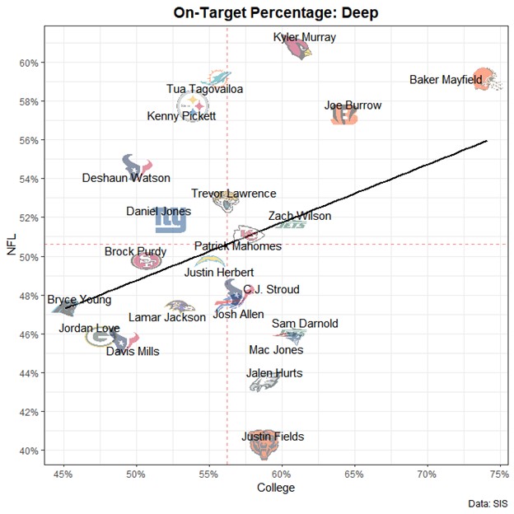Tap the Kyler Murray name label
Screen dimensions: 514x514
tap(305, 37)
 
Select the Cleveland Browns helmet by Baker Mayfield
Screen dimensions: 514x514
tap(486, 79)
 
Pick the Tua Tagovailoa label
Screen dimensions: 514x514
tap(205, 89)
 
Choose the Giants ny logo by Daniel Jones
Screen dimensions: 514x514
tap(171, 221)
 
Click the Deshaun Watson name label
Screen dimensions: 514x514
tap(126, 178)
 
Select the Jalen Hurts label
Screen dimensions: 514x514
tap(274, 373)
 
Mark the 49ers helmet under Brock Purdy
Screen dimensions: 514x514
tap(147, 261)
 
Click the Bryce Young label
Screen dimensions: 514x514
tap(79, 300)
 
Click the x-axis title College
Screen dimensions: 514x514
tap(277, 488)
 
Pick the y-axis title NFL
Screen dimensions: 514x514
tap(12, 245)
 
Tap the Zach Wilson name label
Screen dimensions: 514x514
tap(300, 216)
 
